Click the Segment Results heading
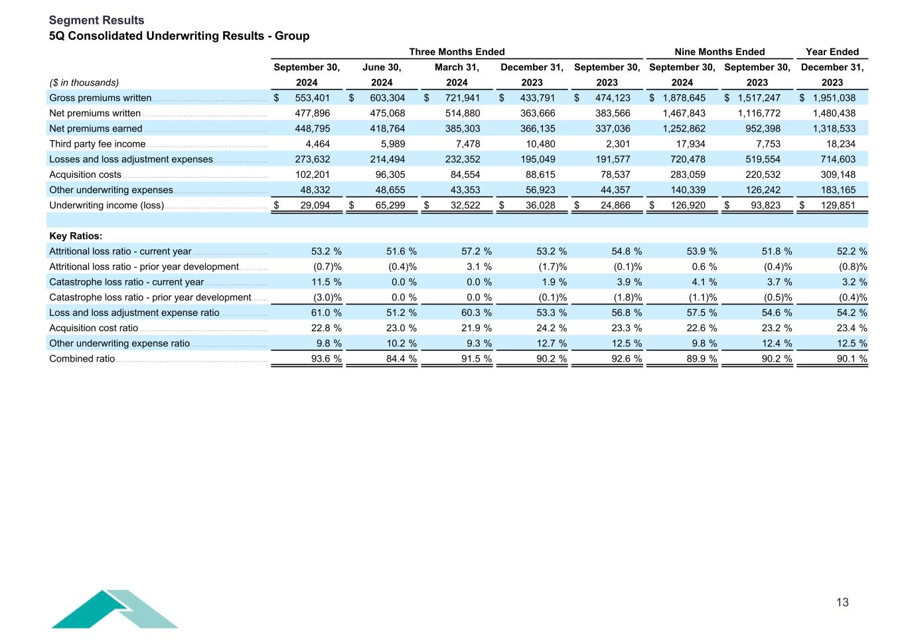pos(96,21)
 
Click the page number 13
pos(842,603)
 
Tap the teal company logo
pos(114,608)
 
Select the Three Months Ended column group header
pos(457,52)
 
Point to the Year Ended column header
pos(832,52)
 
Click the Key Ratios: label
pos(76,236)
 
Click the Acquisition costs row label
pos(85,175)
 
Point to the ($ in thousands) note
pos(84,83)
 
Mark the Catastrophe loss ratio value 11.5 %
pos(326,282)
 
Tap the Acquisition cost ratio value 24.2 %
pos(552,328)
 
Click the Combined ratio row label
pos(82,359)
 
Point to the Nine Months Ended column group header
pos(719,52)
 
